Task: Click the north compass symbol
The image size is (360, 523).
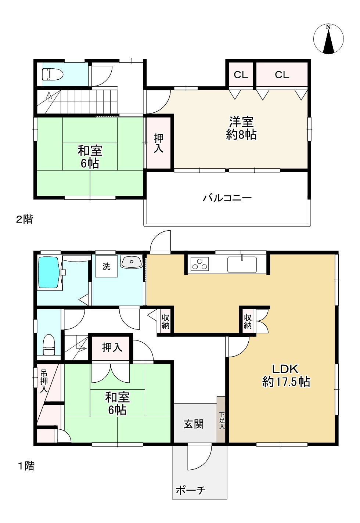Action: (328, 39)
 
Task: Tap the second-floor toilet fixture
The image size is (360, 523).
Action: (52, 75)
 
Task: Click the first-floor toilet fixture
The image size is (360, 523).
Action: (49, 345)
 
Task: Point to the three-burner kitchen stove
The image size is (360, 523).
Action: (199, 264)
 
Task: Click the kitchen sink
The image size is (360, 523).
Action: (242, 264)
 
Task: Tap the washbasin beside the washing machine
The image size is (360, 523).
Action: (132, 261)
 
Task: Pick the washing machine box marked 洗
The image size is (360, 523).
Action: (106, 266)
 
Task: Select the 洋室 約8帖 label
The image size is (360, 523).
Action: (241, 128)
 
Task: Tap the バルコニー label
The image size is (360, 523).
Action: (227, 198)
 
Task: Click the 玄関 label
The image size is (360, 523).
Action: (194, 424)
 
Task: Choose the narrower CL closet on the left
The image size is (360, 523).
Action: (241, 75)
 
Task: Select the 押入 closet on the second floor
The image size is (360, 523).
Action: (159, 143)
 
